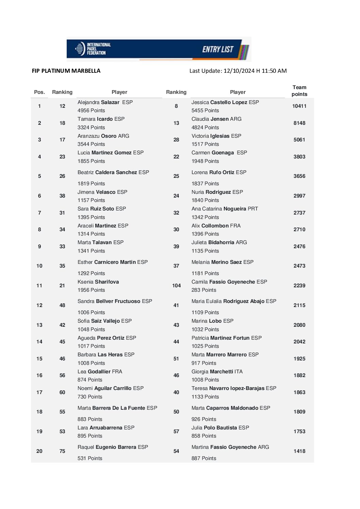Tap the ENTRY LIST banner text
point(218,49)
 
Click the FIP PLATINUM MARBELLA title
point(66,71)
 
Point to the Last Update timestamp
point(238,71)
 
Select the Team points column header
point(299,91)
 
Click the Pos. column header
point(39,92)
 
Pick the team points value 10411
point(299,106)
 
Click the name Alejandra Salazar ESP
point(105,102)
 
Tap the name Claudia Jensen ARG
point(216,119)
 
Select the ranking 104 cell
point(176,286)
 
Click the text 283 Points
point(203,290)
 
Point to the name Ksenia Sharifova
point(98,282)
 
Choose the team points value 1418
point(299,451)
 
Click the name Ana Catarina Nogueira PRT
point(225,209)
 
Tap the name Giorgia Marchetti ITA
point(217,372)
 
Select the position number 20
point(39,451)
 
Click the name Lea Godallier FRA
point(100,372)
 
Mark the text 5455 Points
point(205,111)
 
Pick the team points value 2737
point(299,213)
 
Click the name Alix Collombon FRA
point(216,226)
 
